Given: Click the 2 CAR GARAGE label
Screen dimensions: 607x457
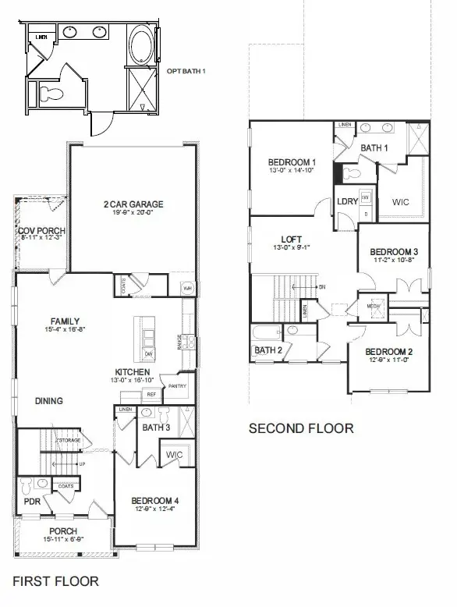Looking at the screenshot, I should coord(133,205).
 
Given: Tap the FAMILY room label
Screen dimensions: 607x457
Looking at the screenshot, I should coord(66,321).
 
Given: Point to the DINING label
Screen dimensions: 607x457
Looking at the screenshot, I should coord(49,401).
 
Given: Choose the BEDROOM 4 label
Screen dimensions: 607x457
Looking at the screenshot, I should coord(155,500).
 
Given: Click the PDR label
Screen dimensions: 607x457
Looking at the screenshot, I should coord(32,501).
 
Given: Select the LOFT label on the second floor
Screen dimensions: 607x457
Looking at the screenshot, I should coord(292,240).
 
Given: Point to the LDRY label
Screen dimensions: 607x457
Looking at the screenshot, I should coord(347,201).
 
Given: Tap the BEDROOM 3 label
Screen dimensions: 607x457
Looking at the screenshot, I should coord(394,252).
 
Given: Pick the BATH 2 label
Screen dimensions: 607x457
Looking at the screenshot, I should coord(268,350).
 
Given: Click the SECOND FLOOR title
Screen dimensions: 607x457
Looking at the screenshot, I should coord(300,428).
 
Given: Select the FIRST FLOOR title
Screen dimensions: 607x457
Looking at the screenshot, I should coord(56,580).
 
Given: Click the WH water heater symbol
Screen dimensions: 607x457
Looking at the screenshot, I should coord(187,287).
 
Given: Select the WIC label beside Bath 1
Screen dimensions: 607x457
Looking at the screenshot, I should coord(400,202).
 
